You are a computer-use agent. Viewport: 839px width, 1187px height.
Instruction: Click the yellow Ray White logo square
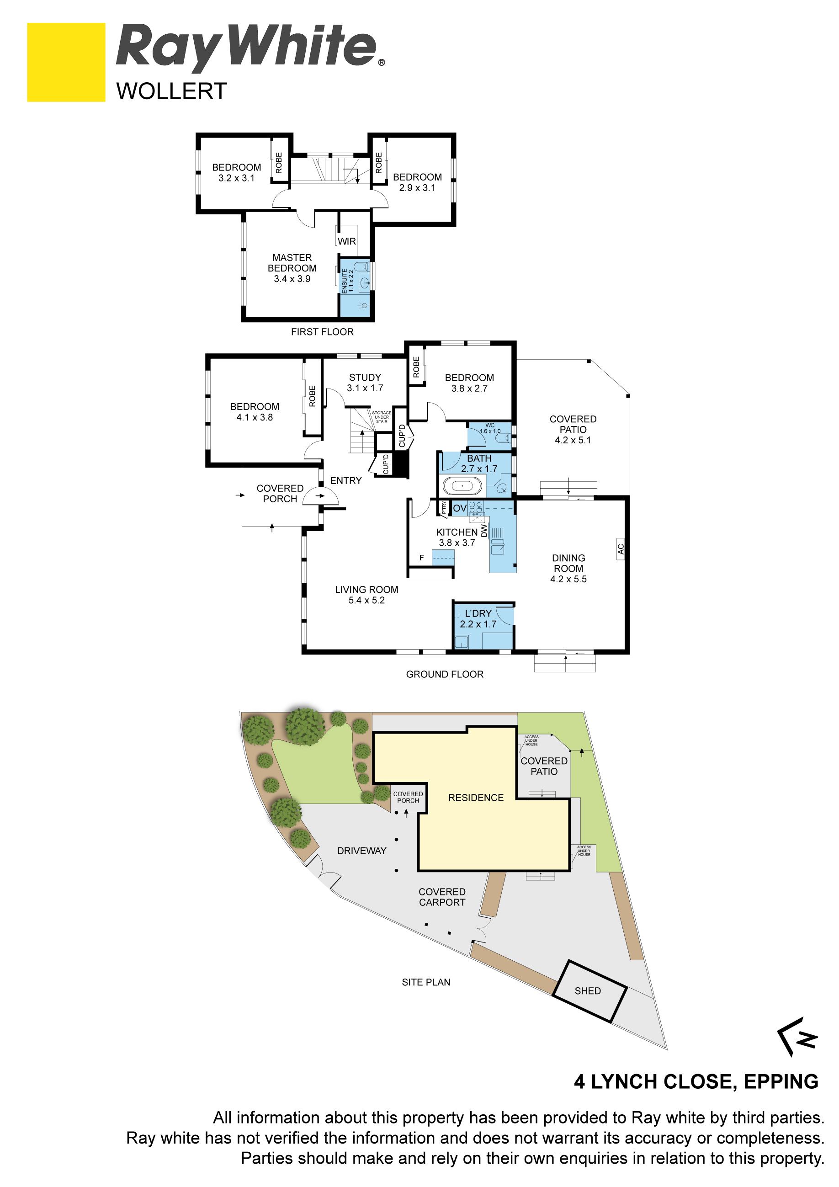(66, 62)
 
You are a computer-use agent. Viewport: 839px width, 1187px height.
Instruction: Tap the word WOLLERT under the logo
(172, 91)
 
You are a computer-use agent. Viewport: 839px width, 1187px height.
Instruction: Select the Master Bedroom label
(292, 268)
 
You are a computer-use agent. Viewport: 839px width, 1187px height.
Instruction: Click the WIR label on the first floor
(347, 241)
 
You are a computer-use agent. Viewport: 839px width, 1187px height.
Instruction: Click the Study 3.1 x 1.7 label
(365, 383)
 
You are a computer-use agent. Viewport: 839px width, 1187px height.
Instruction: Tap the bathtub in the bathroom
(462, 486)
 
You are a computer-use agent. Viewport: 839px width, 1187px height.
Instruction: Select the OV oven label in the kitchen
(460, 508)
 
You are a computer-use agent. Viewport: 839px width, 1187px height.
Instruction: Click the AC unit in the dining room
(621, 548)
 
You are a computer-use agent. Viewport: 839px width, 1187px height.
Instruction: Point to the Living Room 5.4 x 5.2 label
(366, 595)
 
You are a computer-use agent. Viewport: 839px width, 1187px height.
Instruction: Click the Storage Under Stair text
(382, 417)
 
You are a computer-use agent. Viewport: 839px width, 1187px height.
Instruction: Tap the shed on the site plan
(589, 991)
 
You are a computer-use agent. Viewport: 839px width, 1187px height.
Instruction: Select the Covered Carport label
(442, 897)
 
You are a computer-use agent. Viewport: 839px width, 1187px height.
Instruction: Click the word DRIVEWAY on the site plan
(362, 851)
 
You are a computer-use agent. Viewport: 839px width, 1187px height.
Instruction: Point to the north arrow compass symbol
(797, 1037)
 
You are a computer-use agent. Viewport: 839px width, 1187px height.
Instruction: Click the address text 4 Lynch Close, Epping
(696, 1081)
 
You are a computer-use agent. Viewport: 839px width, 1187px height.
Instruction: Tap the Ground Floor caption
(445, 674)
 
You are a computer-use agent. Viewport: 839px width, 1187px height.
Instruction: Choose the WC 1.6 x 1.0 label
(490, 428)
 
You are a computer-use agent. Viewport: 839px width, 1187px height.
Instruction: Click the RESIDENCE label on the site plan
(476, 798)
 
